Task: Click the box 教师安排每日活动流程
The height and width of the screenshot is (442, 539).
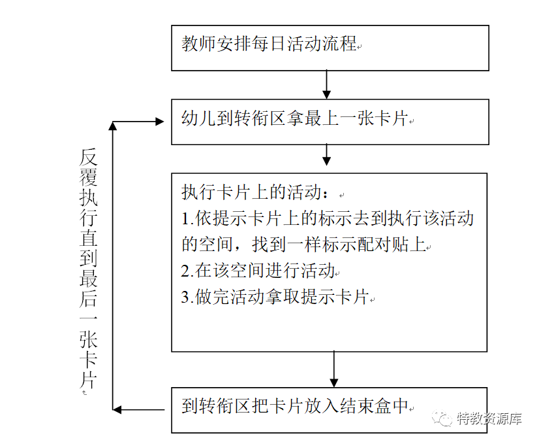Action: (330, 48)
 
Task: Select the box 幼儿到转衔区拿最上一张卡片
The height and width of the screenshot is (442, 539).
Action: (330, 122)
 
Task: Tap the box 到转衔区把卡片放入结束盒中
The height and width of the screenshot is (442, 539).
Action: (330, 409)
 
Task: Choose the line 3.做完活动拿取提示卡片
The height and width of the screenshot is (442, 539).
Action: (275, 297)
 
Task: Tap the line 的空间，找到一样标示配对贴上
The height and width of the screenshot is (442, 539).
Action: (303, 245)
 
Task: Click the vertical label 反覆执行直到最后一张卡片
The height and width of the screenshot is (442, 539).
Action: (88, 268)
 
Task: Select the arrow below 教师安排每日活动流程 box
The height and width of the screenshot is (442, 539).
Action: (327, 84)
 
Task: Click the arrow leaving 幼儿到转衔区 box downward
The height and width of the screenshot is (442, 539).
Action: (327, 155)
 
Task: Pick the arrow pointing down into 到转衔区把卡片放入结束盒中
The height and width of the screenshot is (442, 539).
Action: (334, 369)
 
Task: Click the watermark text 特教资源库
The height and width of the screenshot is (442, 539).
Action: (489, 419)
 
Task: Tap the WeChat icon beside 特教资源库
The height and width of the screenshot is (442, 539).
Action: (445, 419)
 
